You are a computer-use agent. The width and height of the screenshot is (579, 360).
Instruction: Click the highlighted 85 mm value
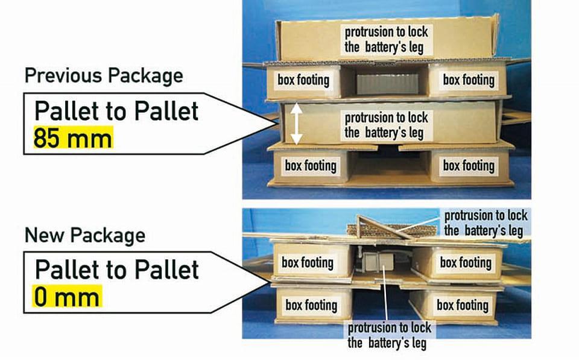point(72,139)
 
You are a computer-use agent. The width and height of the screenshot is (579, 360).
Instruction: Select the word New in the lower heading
point(45,235)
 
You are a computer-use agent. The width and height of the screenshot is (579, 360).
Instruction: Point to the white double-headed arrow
point(296,124)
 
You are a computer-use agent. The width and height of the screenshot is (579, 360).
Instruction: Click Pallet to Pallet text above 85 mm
point(116,111)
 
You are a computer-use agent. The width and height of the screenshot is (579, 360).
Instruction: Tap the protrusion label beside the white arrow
point(387,125)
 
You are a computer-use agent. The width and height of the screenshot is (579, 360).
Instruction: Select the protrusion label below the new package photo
point(390,335)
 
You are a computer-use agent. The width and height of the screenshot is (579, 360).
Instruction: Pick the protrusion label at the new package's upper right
point(486,223)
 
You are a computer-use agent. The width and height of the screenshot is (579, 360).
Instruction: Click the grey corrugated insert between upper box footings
point(379,83)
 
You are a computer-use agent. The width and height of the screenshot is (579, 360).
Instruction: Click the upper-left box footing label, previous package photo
point(303,80)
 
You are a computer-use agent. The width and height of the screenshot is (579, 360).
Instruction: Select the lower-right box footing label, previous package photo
point(469,165)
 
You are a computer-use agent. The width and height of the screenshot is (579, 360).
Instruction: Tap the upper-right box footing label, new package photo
point(466,262)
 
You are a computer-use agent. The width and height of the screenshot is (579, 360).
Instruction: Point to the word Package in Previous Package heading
point(144,76)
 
